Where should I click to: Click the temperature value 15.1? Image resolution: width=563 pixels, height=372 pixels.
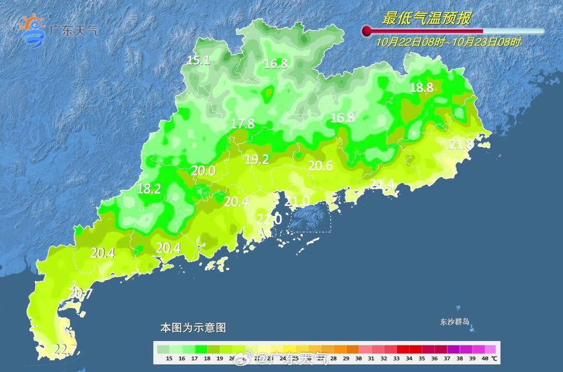(198, 60)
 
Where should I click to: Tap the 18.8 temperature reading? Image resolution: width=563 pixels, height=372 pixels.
(421, 87)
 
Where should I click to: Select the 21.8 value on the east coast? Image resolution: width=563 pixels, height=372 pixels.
(460, 145)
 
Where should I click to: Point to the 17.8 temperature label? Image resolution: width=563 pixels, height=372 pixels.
(243, 124)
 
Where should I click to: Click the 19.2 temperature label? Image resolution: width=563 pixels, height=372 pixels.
(257, 160)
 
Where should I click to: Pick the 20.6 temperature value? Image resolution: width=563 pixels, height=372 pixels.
(320, 165)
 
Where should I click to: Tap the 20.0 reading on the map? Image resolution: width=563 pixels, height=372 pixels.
(203, 171)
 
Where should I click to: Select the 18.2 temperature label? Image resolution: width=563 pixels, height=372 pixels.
(149, 189)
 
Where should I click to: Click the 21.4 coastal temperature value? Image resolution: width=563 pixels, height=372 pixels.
(382, 184)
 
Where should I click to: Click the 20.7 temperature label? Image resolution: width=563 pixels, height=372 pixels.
(80, 294)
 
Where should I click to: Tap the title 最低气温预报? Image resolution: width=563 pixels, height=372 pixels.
(426, 19)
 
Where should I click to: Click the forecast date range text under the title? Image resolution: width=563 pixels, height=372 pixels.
(448, 42)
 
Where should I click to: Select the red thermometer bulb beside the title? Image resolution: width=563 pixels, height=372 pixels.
(367, 31)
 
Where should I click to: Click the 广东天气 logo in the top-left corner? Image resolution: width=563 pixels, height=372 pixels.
(57, 30)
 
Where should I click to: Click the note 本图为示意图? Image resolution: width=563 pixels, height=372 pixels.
(193, 328)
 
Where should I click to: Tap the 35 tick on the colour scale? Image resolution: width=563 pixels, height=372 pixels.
(422, 358)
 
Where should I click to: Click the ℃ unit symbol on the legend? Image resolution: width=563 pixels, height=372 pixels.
(494, 358)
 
